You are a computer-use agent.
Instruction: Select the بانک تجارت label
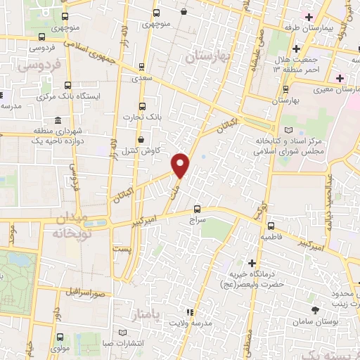pos(142,116)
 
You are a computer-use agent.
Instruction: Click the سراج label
pos(196,219)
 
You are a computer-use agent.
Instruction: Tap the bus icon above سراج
pos(196,208)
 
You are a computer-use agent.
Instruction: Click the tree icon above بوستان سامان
pos(314,310)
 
